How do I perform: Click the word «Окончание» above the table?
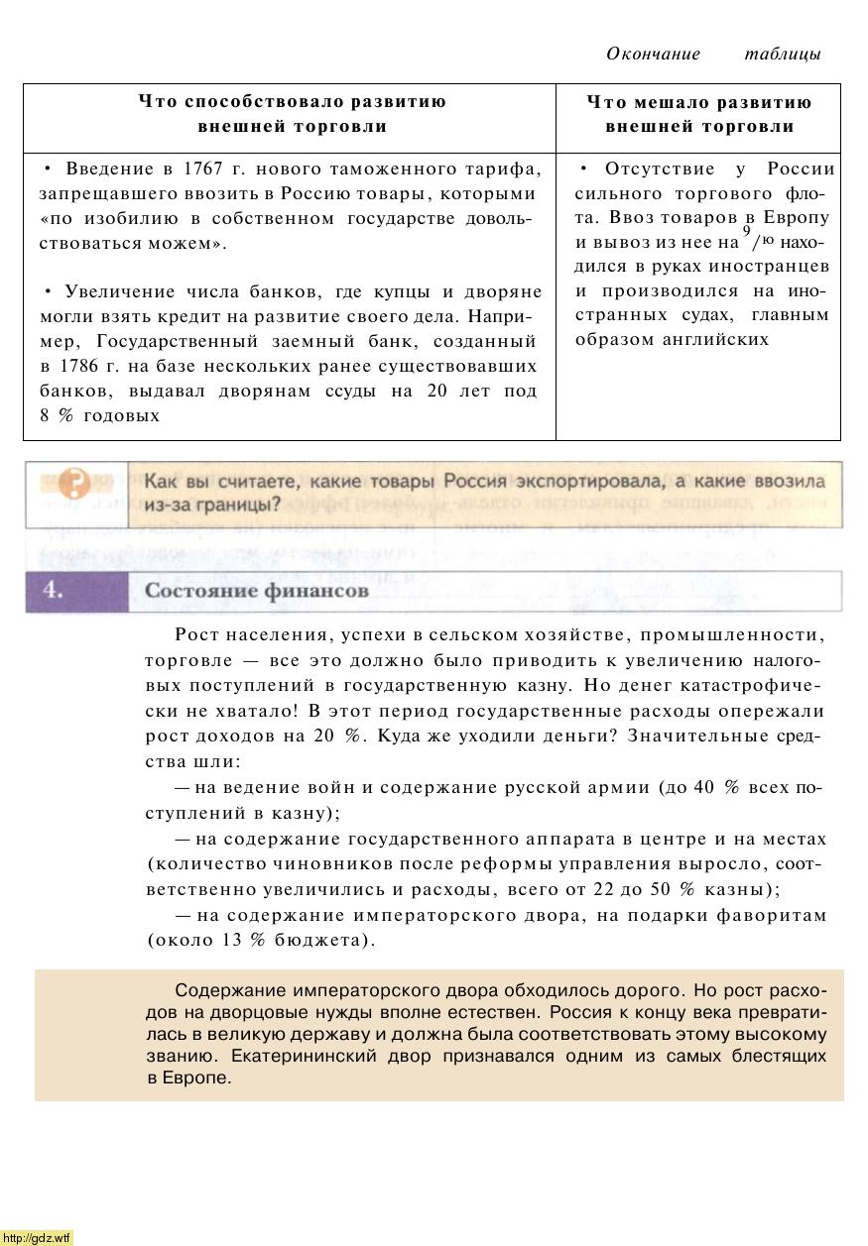tap(653, 54)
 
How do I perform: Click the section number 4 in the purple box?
tap(54, 590)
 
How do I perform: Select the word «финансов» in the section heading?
tap(316, 591)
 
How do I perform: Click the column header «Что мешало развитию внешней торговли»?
tap(698, 114)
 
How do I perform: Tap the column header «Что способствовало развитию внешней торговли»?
tap(292, 114)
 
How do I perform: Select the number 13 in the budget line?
tap(233, 940)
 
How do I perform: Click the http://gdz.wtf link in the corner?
tap(37, 1237)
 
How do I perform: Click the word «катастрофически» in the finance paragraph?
tap(754, 686)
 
